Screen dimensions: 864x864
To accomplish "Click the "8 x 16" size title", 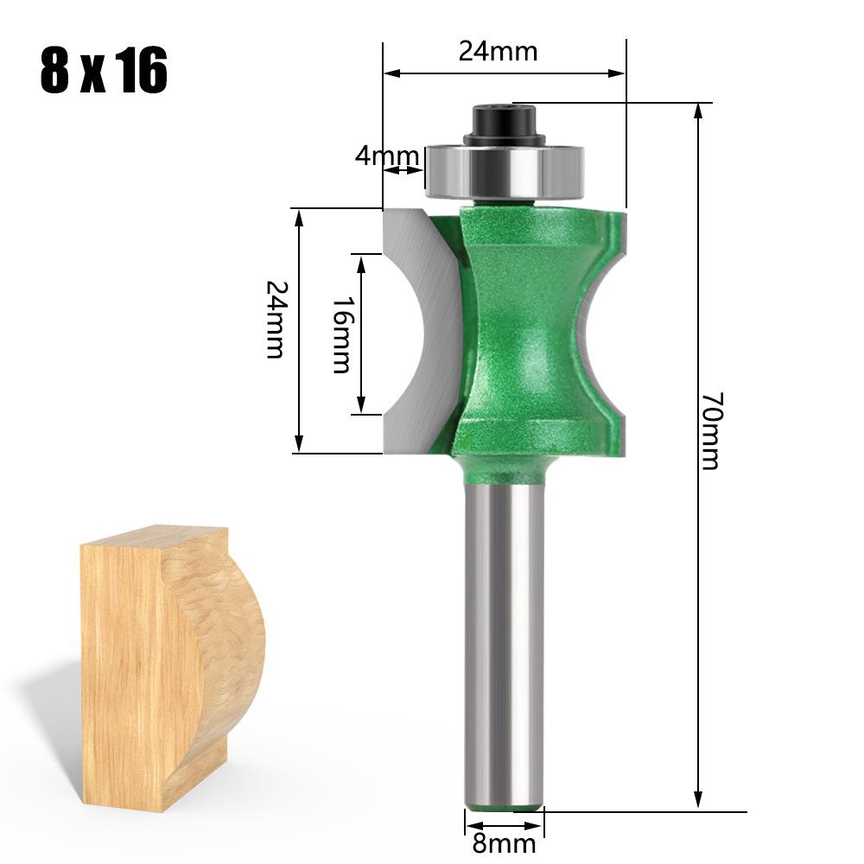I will point(103,72).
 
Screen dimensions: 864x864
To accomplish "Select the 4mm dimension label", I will point(386,156).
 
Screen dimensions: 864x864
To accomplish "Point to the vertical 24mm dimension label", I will point(274,320).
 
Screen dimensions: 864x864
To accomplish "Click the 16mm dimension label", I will point(341,334).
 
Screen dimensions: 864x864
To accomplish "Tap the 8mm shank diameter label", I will point(504,843).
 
